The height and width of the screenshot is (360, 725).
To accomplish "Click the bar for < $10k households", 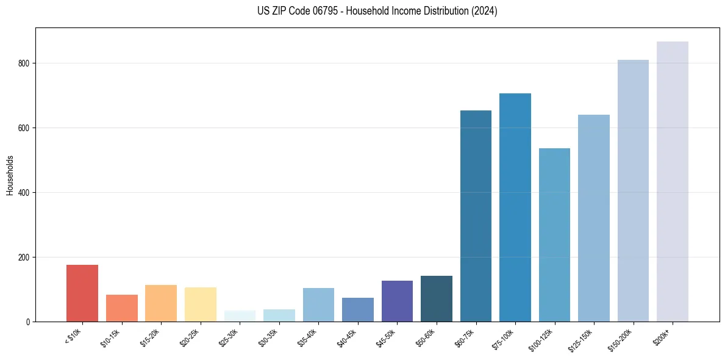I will [82, 293].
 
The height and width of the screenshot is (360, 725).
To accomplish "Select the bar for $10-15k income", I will [121, 308].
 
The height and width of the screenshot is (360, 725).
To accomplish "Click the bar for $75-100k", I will [515, 207].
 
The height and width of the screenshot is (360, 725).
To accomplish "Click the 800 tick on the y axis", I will [25, 63].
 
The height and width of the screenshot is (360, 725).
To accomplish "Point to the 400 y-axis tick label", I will [25, 193].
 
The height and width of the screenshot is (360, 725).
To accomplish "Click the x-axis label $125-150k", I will [582, 339].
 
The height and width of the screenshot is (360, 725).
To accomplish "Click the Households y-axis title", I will [10, 175].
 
